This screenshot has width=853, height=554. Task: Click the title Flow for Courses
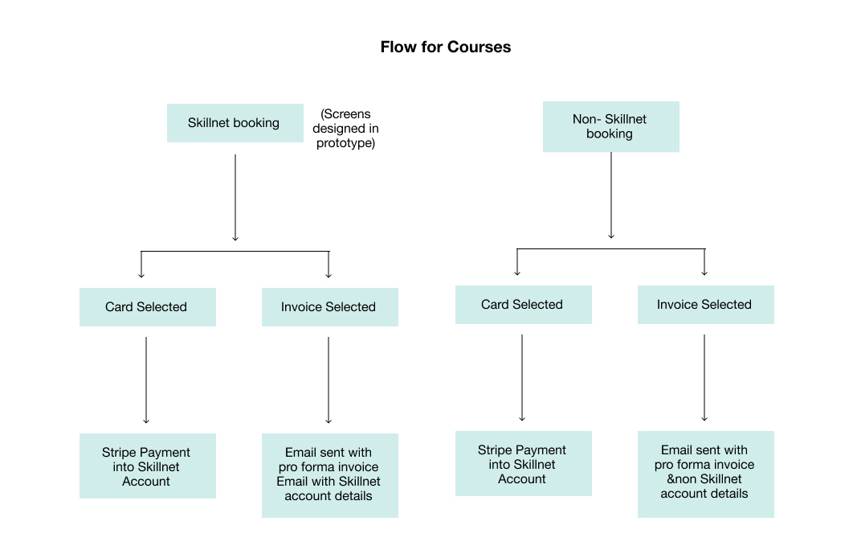(x=445, y=47)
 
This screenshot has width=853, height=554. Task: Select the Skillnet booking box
(x=234, y=123)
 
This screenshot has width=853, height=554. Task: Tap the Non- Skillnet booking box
(x=610, y=126)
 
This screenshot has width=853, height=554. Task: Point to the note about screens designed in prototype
(x=345, y=129)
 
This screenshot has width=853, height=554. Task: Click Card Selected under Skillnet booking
(x=147, y=307)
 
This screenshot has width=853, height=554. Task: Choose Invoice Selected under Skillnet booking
(x=329, y=307)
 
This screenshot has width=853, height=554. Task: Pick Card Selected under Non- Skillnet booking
(x=523, y=305)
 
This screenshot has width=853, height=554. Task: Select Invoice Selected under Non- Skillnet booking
(x=705, y=305)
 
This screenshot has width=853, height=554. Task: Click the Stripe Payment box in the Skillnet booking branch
(x=147, y=466)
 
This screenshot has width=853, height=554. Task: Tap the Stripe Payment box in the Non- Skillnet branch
(x=523, y=464)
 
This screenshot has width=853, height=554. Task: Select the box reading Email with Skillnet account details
(x=329, y=474)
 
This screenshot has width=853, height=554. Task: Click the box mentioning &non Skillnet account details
(x=705, y=473)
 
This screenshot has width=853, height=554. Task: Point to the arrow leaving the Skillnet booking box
(x=235, y=197)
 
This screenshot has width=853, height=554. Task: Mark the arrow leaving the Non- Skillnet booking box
(x=611, y=195)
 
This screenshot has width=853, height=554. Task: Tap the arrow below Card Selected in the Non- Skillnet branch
(x=522, y=377)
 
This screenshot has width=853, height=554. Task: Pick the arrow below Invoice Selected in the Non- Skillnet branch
(x=704, y=377)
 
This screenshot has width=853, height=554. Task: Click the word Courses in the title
(x=480, y=47)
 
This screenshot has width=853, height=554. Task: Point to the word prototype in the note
(x=345, y=143)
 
